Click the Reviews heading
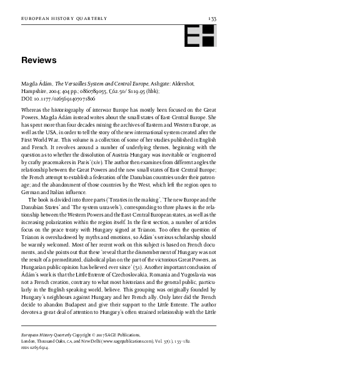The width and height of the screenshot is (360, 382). pos(39,61)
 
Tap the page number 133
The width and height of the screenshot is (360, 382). pos(212,20)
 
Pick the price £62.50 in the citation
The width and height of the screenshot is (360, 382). pos(116,91)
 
